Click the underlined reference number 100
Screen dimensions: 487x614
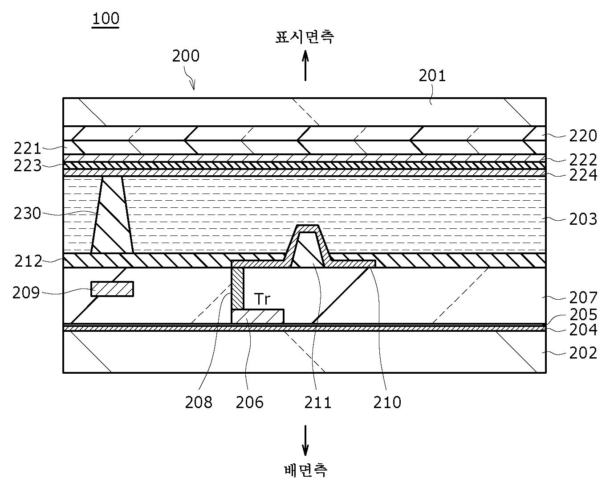tap(106, 19)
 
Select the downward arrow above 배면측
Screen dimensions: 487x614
tap(305, 440)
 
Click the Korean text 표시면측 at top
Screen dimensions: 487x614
tap(305, 37)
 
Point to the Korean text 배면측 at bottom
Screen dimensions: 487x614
tap(305, 470)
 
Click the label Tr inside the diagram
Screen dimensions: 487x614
tap(262, 299)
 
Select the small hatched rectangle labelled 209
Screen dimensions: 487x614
tap(112, 289)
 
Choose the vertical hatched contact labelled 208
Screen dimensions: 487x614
tap(237, 288)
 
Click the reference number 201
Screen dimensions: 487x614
tap(432, 76)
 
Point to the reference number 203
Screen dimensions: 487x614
tap(583, 219)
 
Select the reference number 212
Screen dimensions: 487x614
tap(28, 261)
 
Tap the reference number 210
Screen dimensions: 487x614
tap(387, 402)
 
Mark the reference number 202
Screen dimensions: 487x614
tap(583, 353)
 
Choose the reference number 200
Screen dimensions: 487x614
tap(186, 56)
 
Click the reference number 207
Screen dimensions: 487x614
tap(583, 297)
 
